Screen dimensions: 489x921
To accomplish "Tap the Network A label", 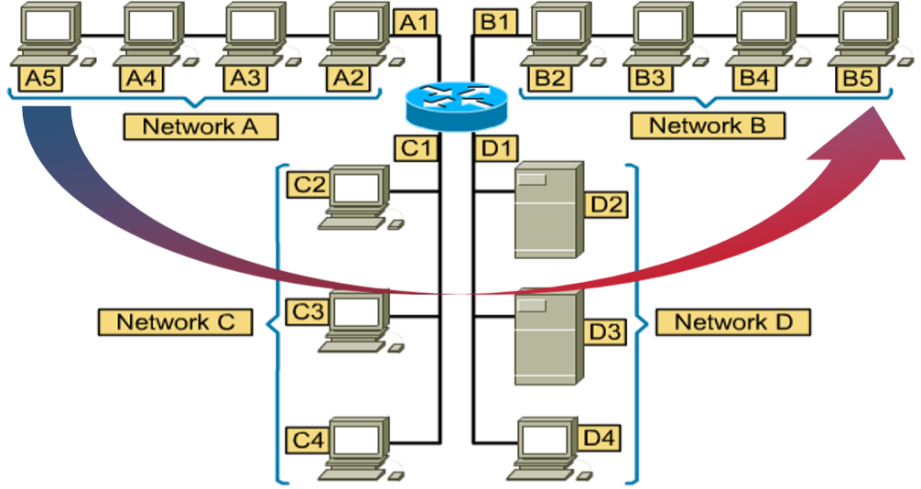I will pyautogui.click(x=200, y=126).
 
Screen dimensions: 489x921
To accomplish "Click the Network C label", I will pyautogui.click(x=175, y=321).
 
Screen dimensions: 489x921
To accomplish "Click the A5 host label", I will pyautogui.click(x=40, y=78).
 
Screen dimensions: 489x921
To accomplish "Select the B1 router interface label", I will pyautogui.click(x=494, y=22).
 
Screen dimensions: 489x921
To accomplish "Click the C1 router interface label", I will pyautogui.click(x=415, y=147).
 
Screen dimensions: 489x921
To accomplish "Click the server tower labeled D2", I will pyautogui.click(x=547, y=210).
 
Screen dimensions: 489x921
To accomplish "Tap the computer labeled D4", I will pyautogui.click(x=544, y=447).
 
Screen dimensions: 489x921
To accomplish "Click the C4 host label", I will pyautogui.click(x=308, y=440).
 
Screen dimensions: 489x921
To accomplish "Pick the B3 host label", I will pyautogui.click(x=650, y=78).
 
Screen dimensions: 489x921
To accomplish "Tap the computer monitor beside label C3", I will pyautogui.click(x=356, y=317).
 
